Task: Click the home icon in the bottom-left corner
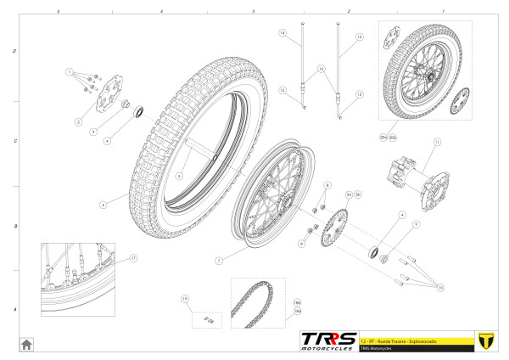point(26,344)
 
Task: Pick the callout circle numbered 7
point(218,260)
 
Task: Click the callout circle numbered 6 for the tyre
point(102,205)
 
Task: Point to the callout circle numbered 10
point(440,288)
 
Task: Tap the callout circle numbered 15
point(282,90)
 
